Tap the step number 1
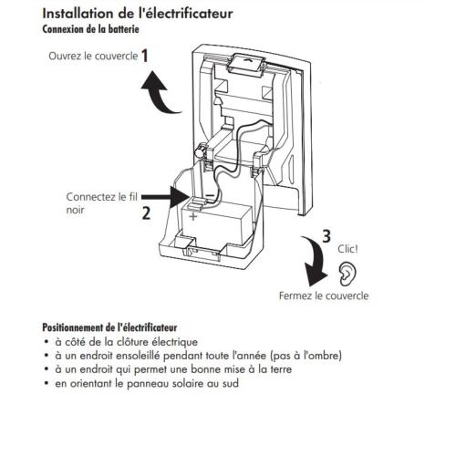click(x=145, y=55)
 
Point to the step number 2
click(x=144, y=216)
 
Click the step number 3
click(x=326, y=236)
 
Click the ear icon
click(x=347, y=271)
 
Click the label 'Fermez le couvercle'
click(x=324, y=295)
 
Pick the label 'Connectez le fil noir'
click(x=92, y=202)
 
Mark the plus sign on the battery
click(x=192, y=217)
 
